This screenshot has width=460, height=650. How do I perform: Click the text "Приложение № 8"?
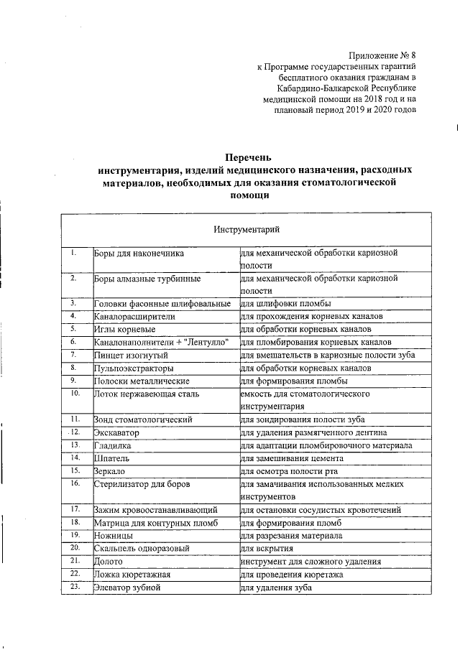(x=382, y=55)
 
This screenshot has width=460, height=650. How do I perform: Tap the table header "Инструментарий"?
(x=247, y=229)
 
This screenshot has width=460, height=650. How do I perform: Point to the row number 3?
(x=74, y=303)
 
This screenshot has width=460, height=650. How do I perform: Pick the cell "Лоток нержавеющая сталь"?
(x=147, y=394)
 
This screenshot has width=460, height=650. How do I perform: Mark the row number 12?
(x=74, y=432)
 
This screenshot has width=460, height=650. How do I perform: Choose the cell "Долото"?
(x=109, y=562)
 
